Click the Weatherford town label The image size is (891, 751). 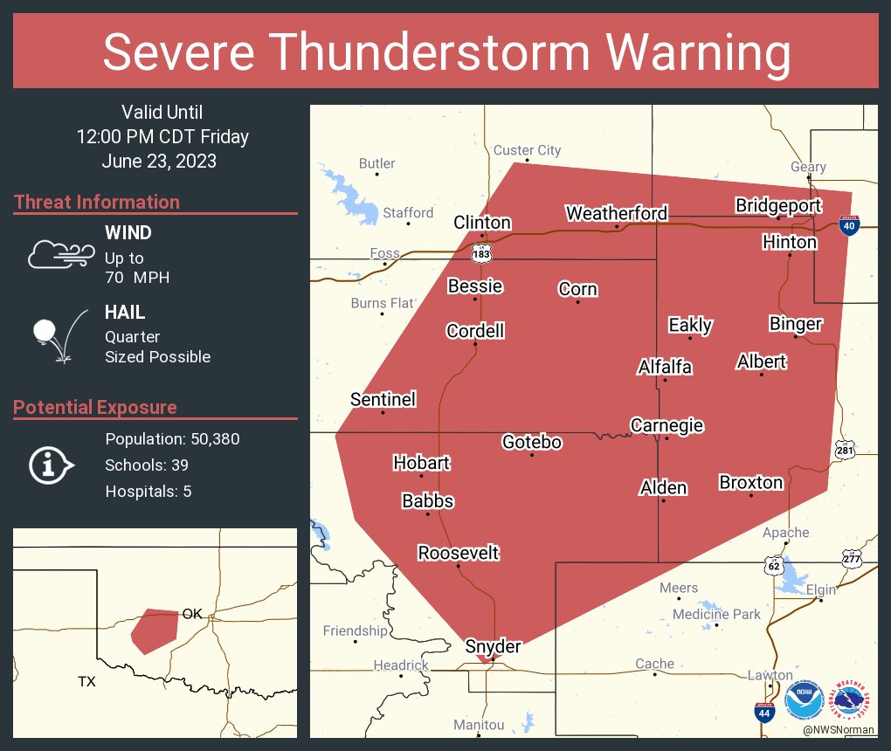[616, 213]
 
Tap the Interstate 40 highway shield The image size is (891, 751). [847, 224]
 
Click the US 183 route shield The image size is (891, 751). [480, 253]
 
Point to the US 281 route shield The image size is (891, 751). [844, 449]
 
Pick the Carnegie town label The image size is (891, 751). [667, 425]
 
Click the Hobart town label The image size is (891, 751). [421, 462]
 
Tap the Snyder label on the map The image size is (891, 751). [494, 646]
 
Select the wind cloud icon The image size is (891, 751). [59, 254]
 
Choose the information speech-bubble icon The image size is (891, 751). [50, 465]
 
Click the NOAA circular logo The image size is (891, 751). [804, 699]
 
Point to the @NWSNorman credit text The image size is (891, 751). [839, 729]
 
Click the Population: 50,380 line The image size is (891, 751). [172, 438]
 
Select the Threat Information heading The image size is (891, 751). [97, 202]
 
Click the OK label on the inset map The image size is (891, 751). [192, 614]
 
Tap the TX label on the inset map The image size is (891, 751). [86, 681]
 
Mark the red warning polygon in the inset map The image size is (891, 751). [153, 629]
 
